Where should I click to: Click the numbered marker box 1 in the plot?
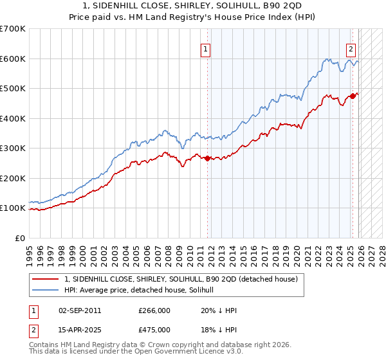205,48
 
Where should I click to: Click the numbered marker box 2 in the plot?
351,48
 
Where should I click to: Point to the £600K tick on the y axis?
13,59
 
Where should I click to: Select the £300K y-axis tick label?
13,148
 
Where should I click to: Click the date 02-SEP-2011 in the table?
79,310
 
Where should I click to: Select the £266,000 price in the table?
154,310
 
